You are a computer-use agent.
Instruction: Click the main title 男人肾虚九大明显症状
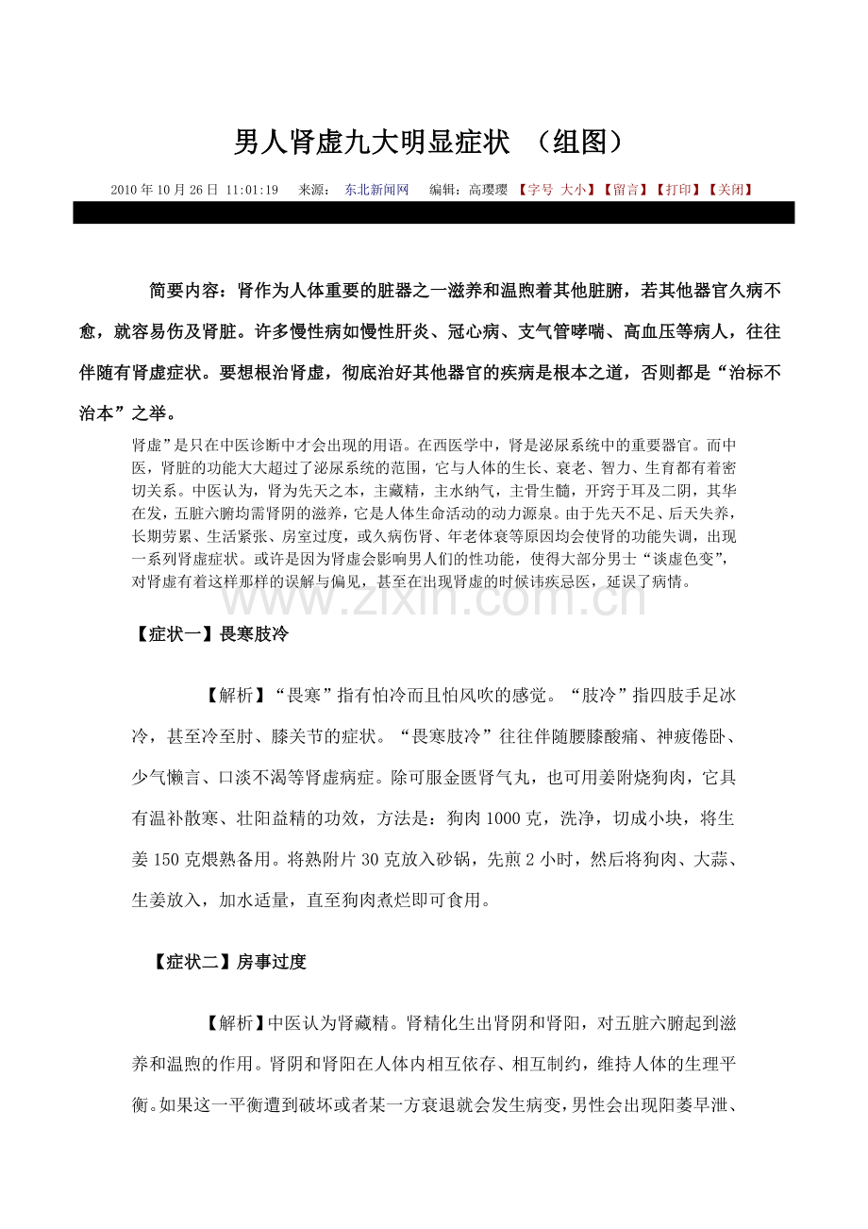coord(372,143)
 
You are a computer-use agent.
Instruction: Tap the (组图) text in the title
coord(577,143)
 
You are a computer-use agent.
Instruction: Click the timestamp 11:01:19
coord(252,190)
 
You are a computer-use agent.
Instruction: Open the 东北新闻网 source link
coord(376,190)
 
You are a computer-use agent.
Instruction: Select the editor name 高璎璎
coord(490,190)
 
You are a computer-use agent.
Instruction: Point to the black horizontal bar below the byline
coord(433,212)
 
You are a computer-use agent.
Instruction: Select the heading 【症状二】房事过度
coord(229,962)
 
